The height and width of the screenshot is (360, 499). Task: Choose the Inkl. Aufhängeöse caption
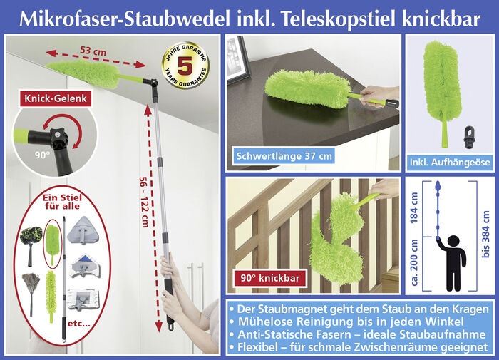click(450, 163)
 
